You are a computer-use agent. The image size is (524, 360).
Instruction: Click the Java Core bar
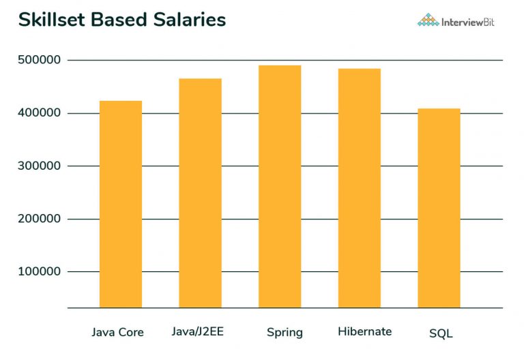click(x=121, y=205)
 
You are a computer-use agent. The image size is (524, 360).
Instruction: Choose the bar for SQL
click(x=439, y=208)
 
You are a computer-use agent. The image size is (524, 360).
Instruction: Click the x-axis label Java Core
click(x=117, y=333)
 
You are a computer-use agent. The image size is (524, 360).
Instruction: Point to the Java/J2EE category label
click(x=198, y=332)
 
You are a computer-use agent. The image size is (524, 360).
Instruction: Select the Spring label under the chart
click(x=285, y=333)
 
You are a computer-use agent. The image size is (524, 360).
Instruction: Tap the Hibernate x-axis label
click(x=365, y=332)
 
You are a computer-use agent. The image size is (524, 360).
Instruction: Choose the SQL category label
click(x=441, y=333)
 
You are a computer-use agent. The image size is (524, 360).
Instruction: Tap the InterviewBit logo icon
click(x=428, y=20)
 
